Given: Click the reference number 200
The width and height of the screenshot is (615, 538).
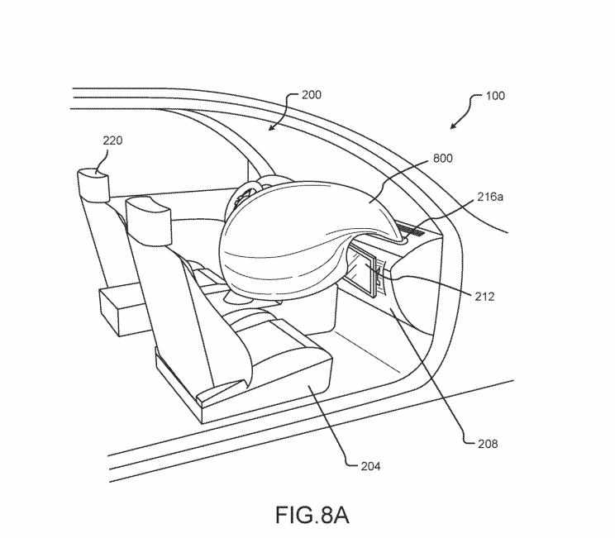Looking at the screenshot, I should (311, 95).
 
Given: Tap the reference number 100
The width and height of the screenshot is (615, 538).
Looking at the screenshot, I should (494, 96).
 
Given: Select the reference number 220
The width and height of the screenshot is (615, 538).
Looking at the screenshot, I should (112, 140).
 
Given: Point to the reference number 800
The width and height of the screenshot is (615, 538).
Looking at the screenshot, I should (442, 158).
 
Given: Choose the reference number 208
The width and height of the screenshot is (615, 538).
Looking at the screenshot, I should (488, 444).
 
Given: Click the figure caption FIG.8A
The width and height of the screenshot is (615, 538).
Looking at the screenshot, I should (312, 515).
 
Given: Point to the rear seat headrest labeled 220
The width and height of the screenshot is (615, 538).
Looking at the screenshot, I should (96, 183).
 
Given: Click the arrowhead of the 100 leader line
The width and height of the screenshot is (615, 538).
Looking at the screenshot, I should (451, 128).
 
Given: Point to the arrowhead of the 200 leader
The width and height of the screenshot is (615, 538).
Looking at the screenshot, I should (270, 128).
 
